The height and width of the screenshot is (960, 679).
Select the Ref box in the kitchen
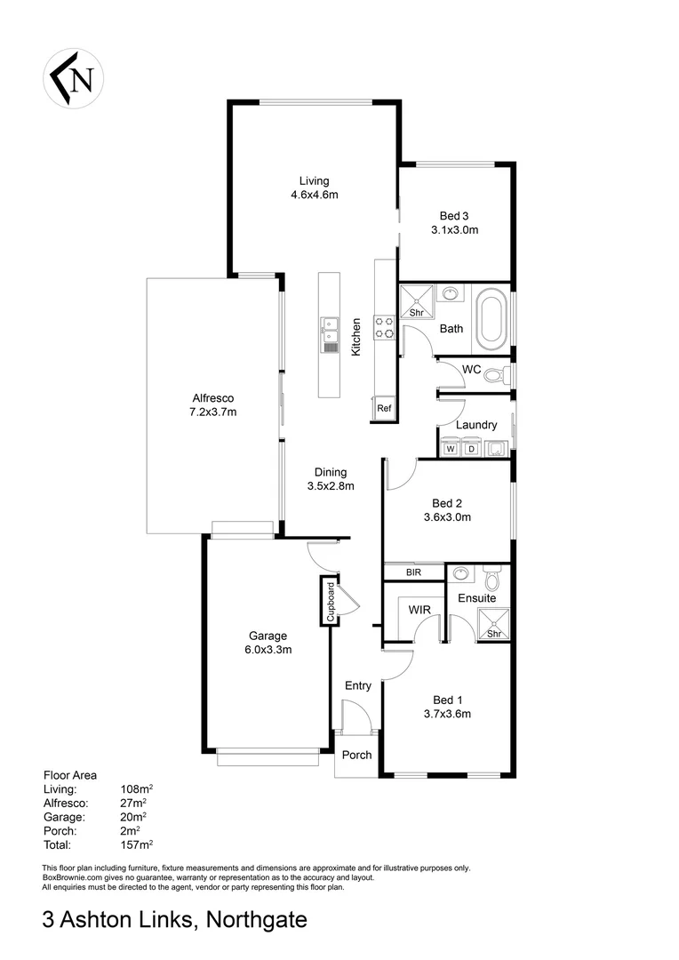(384, 408)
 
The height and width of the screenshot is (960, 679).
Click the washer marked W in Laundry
(451, 449)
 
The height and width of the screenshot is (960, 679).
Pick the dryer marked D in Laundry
(472, 449)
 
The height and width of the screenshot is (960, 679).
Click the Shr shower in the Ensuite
(495, 625)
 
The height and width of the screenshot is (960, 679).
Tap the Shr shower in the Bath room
(415, 302)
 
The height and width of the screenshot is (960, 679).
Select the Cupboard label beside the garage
(330, 602)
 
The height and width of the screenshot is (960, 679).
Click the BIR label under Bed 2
(413, 573)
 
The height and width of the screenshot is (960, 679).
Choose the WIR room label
(419, 611)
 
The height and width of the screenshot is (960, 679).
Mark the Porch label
(356, 756)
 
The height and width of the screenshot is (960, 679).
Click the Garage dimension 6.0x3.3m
(268, 649)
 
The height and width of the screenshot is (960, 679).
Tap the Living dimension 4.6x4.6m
(315, 195)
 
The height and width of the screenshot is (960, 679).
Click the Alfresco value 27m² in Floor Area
(133, 802)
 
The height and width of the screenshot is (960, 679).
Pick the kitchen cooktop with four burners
(384, 327)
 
